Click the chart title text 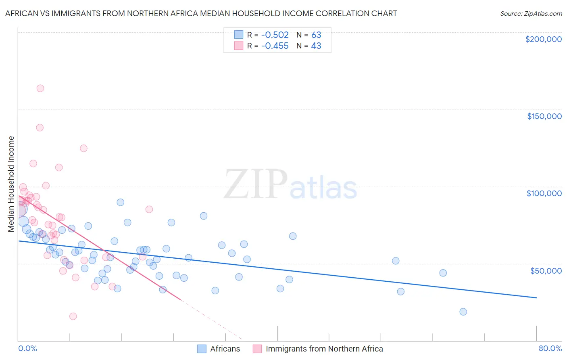(201, 13)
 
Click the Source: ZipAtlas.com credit (531, 13)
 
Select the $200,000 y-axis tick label (543, 39)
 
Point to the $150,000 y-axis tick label (544, 116)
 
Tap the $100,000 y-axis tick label (544, 193)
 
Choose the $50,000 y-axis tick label (546, 270)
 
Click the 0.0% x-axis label (27, 348)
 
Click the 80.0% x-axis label (550, 348)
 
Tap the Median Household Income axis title (11, 184)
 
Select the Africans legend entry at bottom (225, 349)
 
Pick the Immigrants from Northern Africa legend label (324, 349)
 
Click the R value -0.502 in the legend (275, 35)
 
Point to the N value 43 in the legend (316, 46)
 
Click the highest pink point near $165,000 (40, 88)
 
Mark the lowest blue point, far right (463, 312)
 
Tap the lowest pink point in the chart (73, 316)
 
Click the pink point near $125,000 (83, 148)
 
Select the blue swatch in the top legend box (239, 35)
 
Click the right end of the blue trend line (536, 297)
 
